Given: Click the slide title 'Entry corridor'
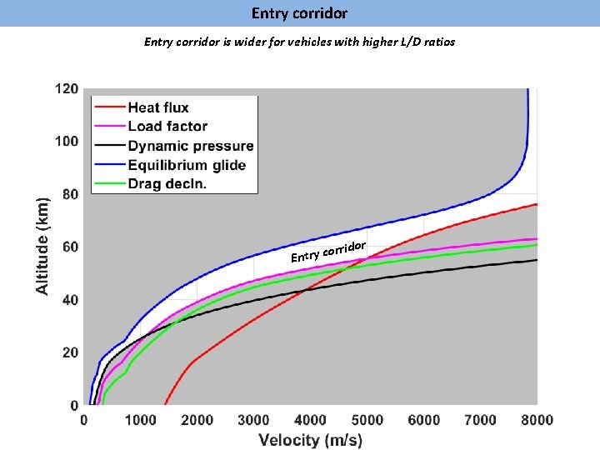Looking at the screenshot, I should click(299, 13).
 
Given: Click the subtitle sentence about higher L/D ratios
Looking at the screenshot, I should click(299, 41).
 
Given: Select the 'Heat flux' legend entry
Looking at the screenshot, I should click(158, 107).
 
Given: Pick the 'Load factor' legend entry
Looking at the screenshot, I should click(167, 127).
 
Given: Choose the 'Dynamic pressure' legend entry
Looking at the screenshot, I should click(190, 146).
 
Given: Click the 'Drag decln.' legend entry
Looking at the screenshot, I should click(167, 183).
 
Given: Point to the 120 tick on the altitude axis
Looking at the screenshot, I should click(67, 88).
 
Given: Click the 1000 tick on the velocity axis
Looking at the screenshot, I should click(140, 420).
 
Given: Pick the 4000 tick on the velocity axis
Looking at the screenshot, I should click(310, 420).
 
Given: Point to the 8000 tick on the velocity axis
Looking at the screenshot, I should click(537, 420).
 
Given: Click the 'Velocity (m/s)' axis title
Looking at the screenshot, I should click(310, 440).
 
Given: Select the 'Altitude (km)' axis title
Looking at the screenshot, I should click(42, 245).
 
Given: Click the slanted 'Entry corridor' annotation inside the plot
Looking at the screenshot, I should click(329, 251).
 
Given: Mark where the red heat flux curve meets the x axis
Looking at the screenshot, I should click(165, 404).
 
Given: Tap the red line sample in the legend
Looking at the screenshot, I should click(109, 107).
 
